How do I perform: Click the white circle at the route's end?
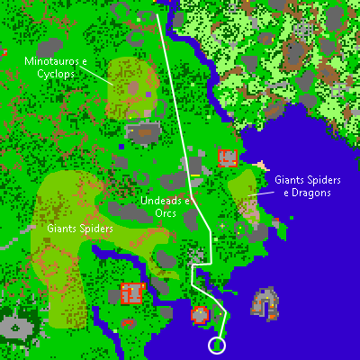[217, 345]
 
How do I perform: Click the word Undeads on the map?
[158, 201]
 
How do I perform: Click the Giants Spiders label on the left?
[80, 229]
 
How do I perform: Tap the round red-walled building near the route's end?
[200, 314]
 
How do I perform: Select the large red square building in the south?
[132, 293]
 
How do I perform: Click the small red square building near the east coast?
[227, 157]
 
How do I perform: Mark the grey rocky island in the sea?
[265, 303]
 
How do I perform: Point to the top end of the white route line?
[158, 14]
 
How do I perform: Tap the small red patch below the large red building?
[128, 320]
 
